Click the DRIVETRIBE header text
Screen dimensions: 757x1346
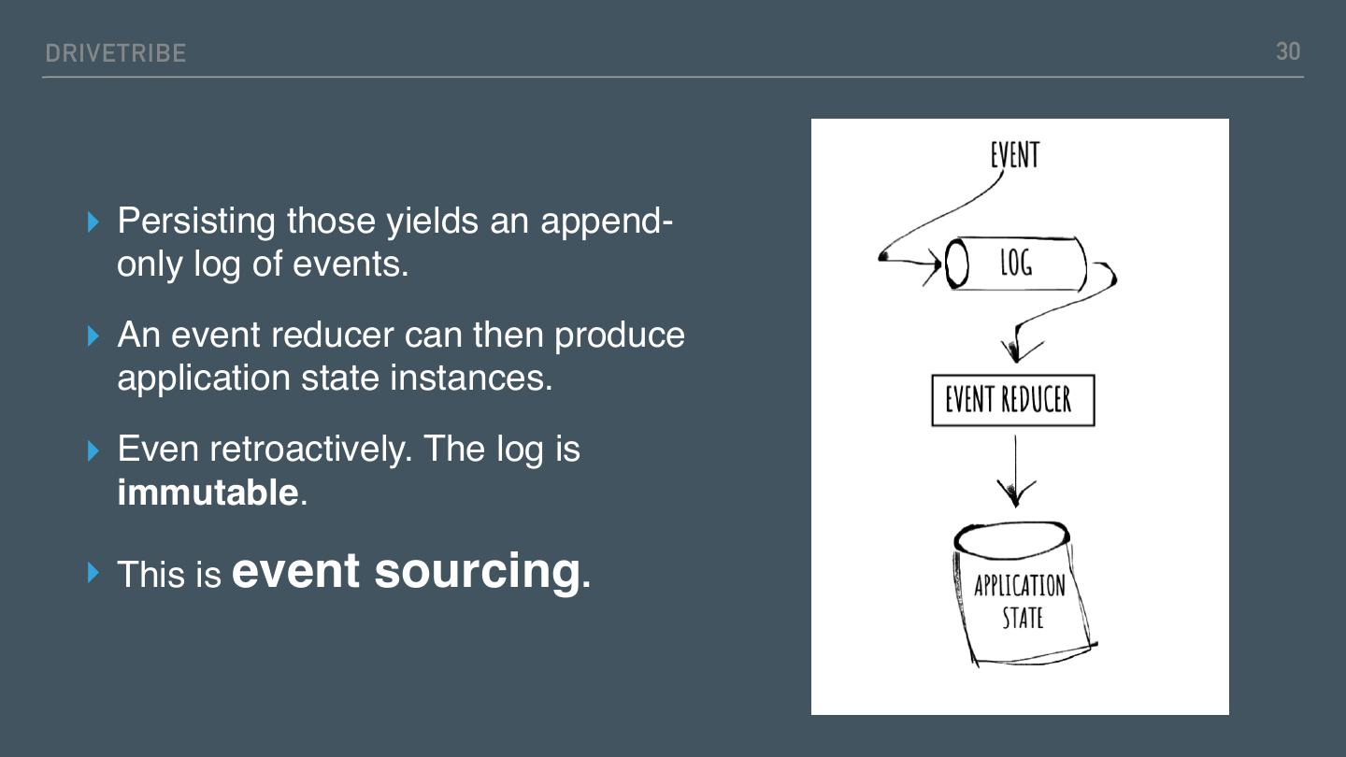(116, 53)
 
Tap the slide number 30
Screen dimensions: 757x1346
(1288, 51)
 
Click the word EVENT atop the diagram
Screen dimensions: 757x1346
(1014, 155)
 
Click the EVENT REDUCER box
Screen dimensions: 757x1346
(1012, 400)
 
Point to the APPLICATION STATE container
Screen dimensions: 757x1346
(1021, 598)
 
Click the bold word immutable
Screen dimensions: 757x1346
(208, 493)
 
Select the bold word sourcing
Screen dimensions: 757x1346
(477, 570)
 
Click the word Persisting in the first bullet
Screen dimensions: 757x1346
(196, 221)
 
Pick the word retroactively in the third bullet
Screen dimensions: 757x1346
(310, 450)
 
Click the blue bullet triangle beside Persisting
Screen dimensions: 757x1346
(93, 221)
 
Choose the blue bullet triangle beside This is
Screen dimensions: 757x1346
(93, 572)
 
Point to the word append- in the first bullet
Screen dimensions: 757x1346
(607, 221)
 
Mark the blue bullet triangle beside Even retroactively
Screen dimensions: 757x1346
(93, 450)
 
